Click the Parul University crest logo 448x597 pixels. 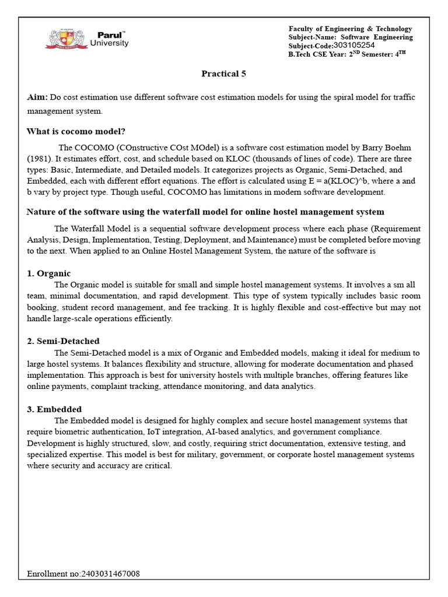[64, 39]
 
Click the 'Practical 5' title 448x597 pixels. [220, 73]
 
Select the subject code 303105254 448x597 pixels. [354, 45]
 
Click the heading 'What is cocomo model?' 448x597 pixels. [76, 131]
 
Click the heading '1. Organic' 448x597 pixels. [49, 273]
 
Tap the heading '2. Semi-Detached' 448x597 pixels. [63, 341]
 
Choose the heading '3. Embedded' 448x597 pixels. [54, 409]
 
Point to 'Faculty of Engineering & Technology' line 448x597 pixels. [350, 29]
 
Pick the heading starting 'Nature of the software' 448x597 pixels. [205, 212]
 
